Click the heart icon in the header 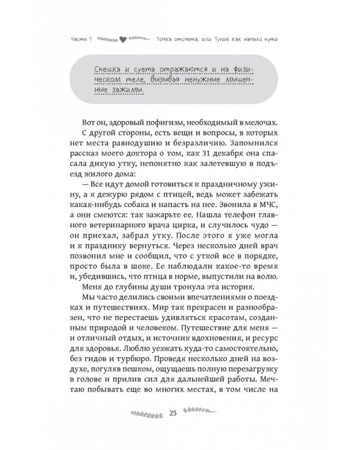(122, 41)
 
